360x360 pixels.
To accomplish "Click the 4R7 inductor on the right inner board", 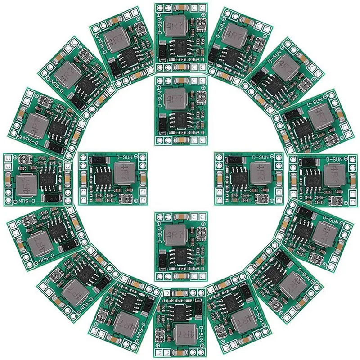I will coord(261,174).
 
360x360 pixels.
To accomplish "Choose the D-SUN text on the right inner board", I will coord(261,158).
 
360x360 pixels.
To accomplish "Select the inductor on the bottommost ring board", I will coord(185,333).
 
